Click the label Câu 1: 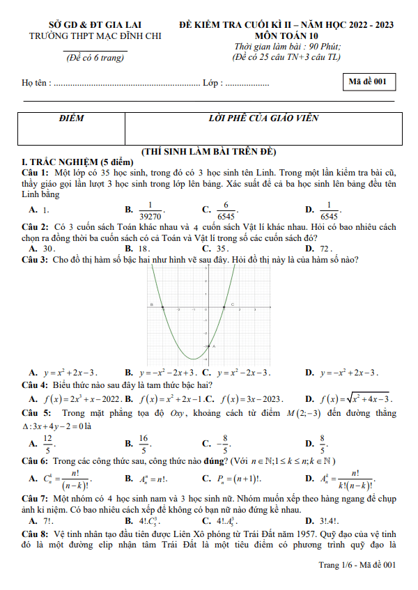(36, 171)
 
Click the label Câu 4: (36, 385)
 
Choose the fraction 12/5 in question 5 (48, 443)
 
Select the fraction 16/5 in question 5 (144, 443)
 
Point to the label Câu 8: (36, 531)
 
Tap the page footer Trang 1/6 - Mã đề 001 (357, 564)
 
